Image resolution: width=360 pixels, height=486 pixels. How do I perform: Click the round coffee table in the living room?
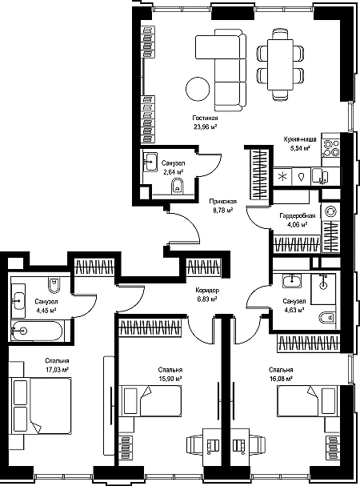pos(198,89)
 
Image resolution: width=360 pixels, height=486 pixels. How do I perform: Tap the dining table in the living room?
pos(280,65)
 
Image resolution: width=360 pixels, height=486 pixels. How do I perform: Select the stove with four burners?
pos(331,148)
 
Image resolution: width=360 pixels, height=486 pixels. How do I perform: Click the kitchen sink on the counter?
pos(319,177)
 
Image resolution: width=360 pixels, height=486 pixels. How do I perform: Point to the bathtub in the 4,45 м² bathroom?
pos(36,331)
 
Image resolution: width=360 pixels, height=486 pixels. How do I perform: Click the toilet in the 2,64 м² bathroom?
pos(178,187)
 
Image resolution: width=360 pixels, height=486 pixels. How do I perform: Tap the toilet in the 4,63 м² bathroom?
pos(327,317)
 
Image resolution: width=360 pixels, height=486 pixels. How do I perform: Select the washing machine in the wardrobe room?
pos(330,211)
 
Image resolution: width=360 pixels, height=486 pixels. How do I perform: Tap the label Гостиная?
pos(205,118)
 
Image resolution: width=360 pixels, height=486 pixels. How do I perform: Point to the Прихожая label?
pos(222,202)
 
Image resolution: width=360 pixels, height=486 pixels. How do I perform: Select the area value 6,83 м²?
pos(206,299)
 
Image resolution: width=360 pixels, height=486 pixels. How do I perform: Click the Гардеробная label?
pos(298,215)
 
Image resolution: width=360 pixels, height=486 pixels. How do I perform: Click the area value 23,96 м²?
pos(205,127)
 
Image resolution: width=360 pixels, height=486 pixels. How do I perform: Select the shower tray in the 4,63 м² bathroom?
pos(323,288)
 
